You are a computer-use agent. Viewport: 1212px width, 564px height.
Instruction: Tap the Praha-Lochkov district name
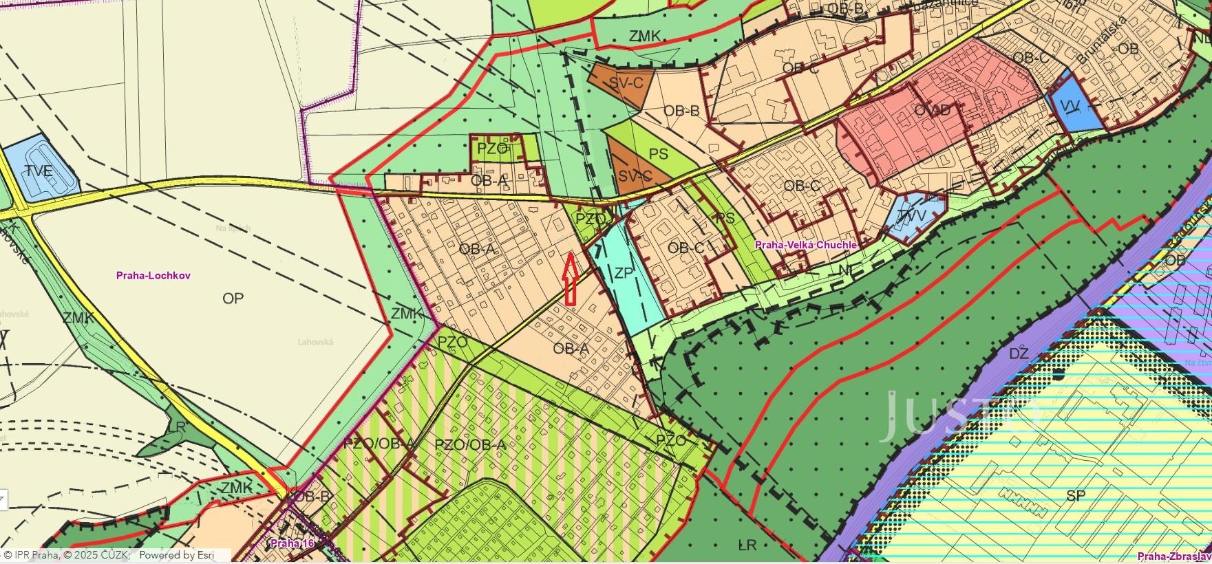(153, 275)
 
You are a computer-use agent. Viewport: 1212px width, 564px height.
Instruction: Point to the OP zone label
(233, 299)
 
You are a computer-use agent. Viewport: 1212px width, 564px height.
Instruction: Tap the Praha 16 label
(292, 543)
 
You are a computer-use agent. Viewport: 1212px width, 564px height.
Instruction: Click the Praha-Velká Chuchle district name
(806, 245)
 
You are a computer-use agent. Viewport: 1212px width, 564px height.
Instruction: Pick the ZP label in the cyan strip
(624, 273)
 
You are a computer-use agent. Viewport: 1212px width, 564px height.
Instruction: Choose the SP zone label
(1076, 496)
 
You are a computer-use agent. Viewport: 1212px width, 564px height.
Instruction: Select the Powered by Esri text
(177, 555)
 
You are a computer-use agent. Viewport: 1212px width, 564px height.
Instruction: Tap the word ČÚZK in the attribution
(114, 555)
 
